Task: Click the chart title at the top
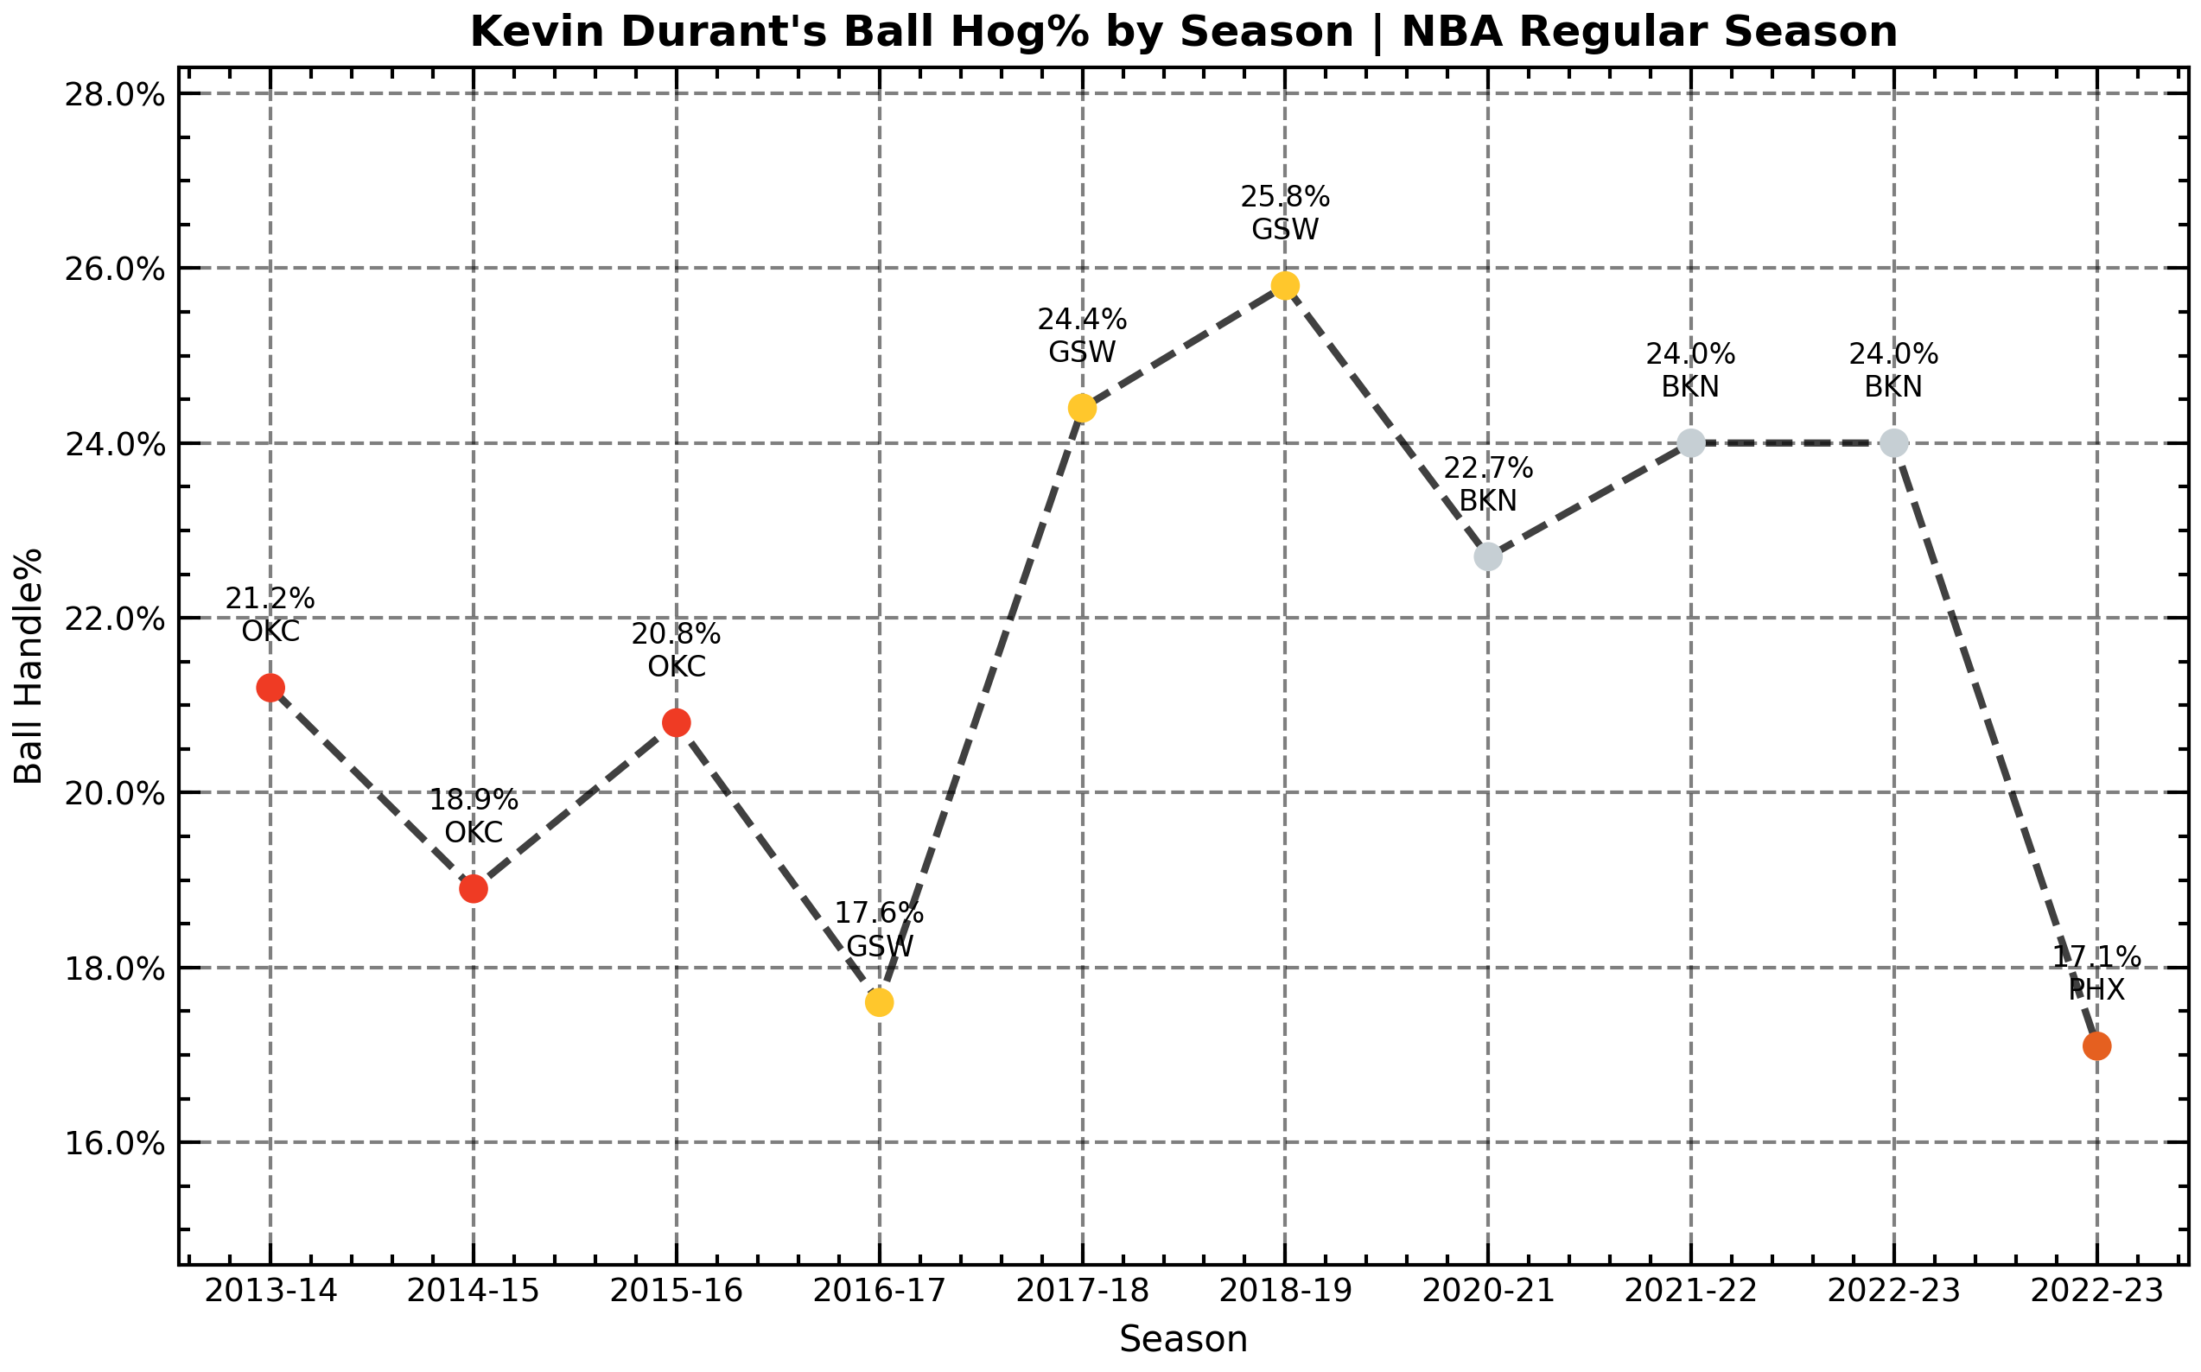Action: tap(1184, 33)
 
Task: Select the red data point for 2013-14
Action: tap(270, 688)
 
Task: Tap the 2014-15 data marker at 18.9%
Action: tap(473, 888)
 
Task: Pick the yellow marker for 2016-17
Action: tap(879, 1001)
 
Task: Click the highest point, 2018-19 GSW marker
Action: tap(1284, 286)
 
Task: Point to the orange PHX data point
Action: tap(2096, 1046)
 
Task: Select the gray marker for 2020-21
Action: tap(1487, 556)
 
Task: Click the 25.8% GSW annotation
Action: tap(1284, 213)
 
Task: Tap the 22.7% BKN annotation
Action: tap(1487, 485)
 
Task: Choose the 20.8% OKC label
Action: tap(676, 650)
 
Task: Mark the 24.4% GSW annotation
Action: tap(1082, 336)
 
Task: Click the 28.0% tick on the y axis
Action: tap(114, 94)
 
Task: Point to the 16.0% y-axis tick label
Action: tap(114, 1143)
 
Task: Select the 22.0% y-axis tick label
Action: tap(114, 619)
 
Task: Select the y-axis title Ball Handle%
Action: tap(29, 665)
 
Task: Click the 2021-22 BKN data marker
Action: tap(1690, 443)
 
